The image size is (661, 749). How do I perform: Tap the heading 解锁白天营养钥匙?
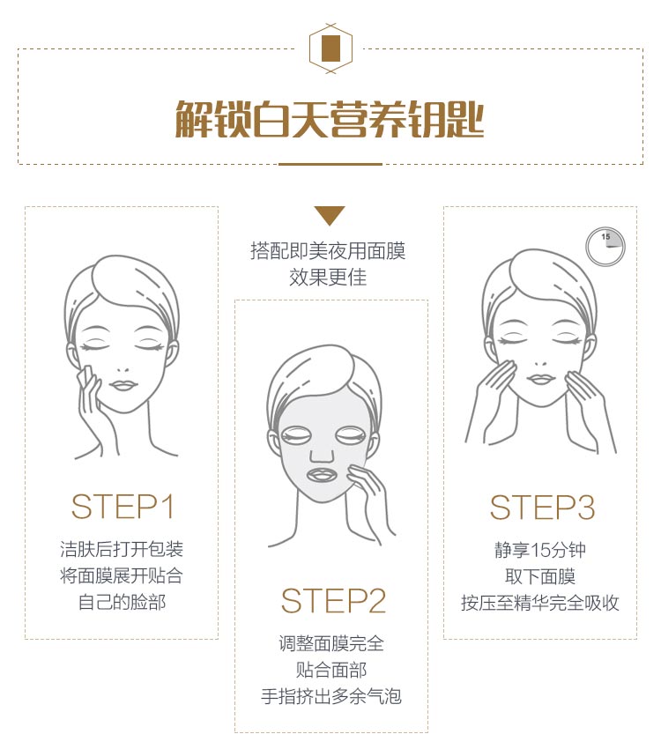click(x=330, y=120)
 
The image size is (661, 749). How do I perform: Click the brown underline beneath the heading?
click(x=330, y=164)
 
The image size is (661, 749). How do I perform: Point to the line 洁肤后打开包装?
click(x=122, y=550)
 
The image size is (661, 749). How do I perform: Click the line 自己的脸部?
click(x=122, y=603)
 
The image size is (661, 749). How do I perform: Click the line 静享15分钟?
click(x=539, y=551)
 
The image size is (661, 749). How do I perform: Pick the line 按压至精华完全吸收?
click(x=539, y=604)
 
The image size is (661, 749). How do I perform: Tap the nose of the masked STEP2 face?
click(x=323, y=453)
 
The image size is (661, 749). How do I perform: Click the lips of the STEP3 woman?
click(x=539, y=380)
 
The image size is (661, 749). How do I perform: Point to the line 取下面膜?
click(x=539, y=577)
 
